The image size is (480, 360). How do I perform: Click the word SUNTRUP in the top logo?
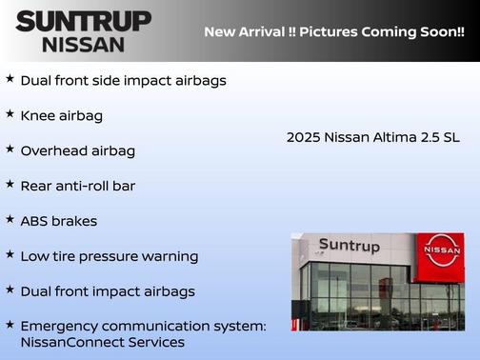click(83, 21)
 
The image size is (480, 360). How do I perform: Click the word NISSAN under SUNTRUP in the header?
click(83, 43)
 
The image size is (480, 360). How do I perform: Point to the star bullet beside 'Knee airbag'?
click(10, 114)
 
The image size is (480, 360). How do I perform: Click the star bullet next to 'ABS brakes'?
click(10, 220)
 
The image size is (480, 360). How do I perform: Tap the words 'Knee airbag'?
click(61, 115)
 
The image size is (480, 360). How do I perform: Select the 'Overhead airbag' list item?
click(77, 150)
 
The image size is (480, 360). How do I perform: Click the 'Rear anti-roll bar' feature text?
click(77, 186)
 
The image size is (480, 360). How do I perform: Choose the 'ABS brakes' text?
click(59, 221)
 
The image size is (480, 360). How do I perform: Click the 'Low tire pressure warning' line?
click(109, 256)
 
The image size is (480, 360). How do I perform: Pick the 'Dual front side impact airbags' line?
click(123, 80)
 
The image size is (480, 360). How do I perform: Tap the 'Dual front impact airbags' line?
click(107, 291)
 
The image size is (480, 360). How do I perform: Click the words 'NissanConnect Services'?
click(102, 342)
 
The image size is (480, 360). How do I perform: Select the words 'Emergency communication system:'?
click(143, 326)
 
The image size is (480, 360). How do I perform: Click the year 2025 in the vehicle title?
click(303, 137)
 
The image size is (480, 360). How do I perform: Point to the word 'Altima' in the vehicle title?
click(393, 137)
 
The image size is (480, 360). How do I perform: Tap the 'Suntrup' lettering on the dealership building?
click(349, 246)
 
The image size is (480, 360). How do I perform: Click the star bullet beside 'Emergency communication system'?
click(10, 325)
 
